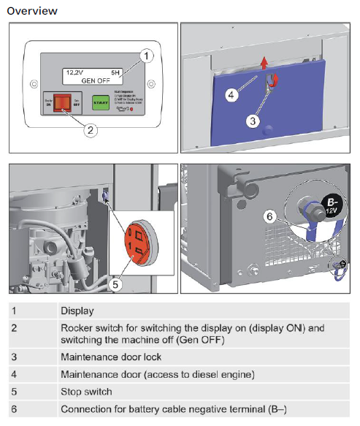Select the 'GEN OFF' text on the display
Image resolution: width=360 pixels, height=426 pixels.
coord(96,80)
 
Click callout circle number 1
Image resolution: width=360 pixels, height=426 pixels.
coord(147,56)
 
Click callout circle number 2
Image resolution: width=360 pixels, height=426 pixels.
coord(90,130)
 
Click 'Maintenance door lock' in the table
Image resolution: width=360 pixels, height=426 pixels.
coord(111,357)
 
